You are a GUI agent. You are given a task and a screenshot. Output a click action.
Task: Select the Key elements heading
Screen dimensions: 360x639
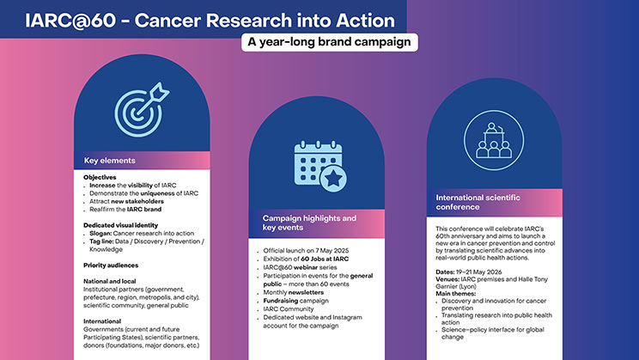110,161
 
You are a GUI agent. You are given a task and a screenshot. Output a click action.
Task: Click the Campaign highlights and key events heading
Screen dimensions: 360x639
309,224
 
